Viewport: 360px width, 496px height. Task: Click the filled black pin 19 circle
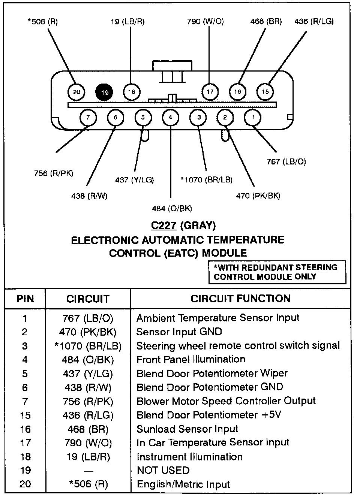pyautogui.click(x=104, y=92)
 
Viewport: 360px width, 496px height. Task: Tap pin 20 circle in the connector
pyautogui.click(x=76, y=92)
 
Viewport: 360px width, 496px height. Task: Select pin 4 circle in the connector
pyautogui.click(x=171, y=118)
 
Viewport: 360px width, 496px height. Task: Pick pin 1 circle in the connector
pyautogui.click(x=253, y=118)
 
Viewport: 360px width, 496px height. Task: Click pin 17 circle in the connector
pyautogui.click(x=210, y=92)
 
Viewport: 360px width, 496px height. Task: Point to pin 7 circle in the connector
pyautogui.click(x=88, y=118)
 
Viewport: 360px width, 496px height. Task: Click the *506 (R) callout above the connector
pyautogui.click(x=43, y=22)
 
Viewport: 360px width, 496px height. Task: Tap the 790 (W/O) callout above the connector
pyautogui.click(x=205, y=22)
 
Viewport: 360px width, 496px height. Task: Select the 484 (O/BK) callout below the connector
pyautogui.click(x=172, y=209)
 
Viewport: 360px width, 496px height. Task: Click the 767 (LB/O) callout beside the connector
pyautogui.click(x=286, y=161)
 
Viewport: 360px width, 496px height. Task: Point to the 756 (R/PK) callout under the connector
pyautogui.click(x=54, y=173)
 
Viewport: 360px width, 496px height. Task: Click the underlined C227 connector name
pyautogui.click(x=163, y=226)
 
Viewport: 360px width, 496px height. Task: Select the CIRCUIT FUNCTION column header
pyautogui.click(x=240, y=299)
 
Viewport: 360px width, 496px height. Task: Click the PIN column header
pyautogui.click(x=25, y=299)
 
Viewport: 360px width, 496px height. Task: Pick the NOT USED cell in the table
pyautogui.click(x=163, y=471)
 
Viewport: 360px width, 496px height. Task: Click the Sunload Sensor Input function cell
pyautogui.click(x=187, y=429)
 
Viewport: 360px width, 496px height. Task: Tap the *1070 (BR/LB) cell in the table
pyautogui.click(x=88, y=346)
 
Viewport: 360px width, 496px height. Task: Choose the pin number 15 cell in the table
pyautogui.click(x=25, y=415)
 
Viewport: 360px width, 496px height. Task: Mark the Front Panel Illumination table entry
pyautogui.click(x=190, y=360)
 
